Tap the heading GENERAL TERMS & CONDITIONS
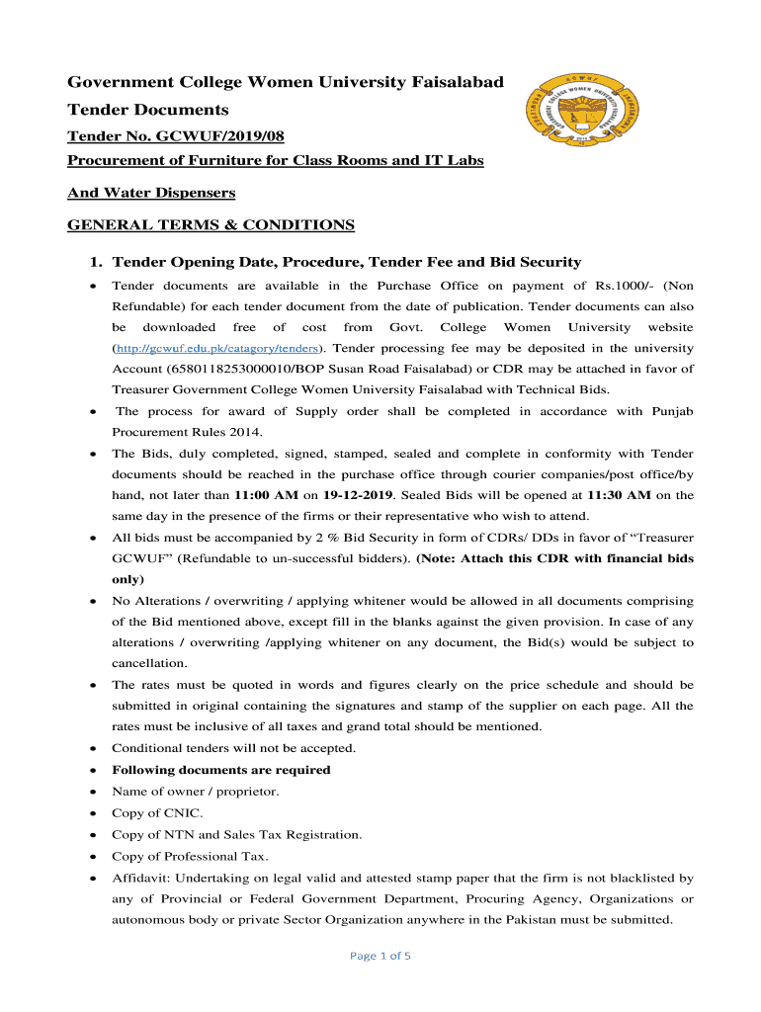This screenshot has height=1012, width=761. click(x=211, y=225)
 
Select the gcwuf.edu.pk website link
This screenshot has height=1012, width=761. click(x=217, y=348)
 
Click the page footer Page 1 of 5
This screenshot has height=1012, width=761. click(x=380, y=956)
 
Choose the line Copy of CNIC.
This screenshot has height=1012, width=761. click(x=157, y=813)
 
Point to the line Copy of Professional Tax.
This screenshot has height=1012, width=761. click(x=190, y=856)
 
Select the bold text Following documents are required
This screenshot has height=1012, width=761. click(x=221, y=770)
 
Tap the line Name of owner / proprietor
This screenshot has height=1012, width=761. click(x=195, y=792)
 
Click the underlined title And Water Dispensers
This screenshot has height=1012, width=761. click(x=151, y=193)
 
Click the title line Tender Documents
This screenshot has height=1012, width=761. click(x=148, y=110)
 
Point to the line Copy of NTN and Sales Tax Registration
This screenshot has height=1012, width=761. click(x=236, y=835)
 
